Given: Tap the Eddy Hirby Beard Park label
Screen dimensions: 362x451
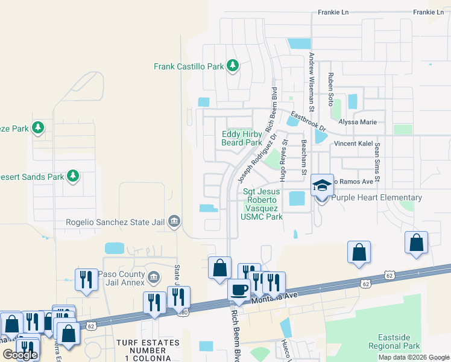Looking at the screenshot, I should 241,138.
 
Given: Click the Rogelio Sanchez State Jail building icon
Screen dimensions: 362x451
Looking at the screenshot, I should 174,221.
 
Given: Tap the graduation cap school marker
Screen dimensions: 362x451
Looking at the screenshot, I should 322,185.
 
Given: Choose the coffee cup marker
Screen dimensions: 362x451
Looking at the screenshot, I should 239,290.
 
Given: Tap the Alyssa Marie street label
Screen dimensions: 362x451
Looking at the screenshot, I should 359,122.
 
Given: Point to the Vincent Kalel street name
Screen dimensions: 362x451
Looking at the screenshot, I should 355,144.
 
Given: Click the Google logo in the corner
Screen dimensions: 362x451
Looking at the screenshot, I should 20,355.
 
